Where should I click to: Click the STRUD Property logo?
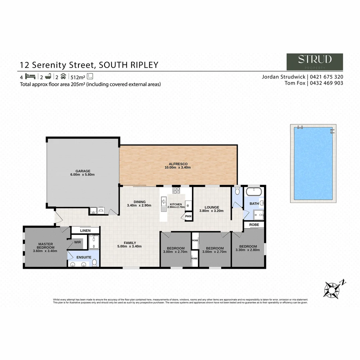point(315,62)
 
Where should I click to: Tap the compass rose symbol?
point(332,289)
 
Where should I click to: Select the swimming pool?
point(313,163)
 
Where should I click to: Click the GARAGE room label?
point(83,171)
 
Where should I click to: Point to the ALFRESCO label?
point(178,164)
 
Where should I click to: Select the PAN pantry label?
point(188,216)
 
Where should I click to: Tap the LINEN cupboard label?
point(85,230)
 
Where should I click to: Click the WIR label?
point(78,242)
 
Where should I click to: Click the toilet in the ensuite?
point(95,263)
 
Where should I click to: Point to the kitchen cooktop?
point(176,191)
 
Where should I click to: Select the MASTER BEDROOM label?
point(46,246)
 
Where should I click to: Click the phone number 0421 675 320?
point(327,77)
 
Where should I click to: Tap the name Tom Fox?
point(296,83)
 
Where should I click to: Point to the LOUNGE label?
point(212,207)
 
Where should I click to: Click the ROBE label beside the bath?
point(254,225)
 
